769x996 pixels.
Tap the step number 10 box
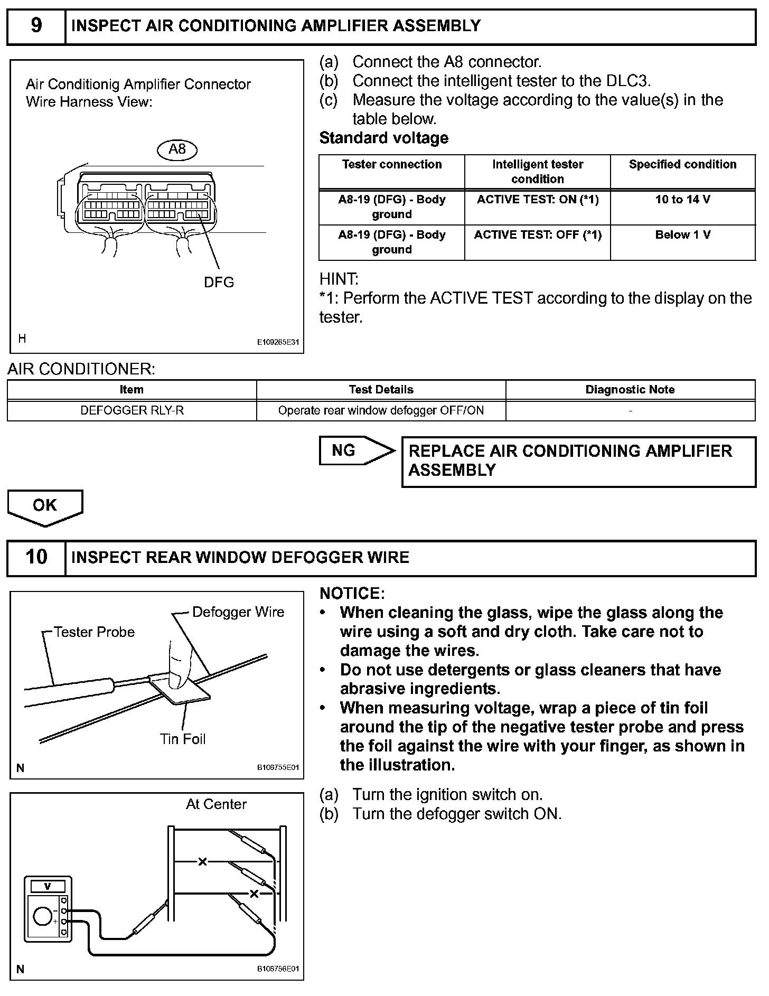coord(36,558)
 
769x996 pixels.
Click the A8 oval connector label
coord(177,150)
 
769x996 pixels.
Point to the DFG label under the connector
coord(219,283)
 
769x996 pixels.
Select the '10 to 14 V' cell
coord(682,200)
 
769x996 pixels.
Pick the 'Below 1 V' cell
coord(682,236)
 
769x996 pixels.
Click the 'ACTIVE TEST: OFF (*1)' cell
coord(537,236)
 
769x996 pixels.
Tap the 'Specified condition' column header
coord(682,165)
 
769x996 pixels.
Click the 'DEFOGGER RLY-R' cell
coord(132,411)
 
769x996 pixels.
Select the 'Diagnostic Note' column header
coord(630,390)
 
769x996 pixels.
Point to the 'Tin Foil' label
coord(183,739)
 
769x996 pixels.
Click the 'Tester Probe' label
coord(94,632)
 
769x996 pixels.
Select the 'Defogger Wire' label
coord(238,612)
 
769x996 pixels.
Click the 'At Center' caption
coord(216,804)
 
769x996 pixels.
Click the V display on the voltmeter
coord(48,886)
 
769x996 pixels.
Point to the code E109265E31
coord(278,342)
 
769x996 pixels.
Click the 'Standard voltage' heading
coord(384,138)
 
